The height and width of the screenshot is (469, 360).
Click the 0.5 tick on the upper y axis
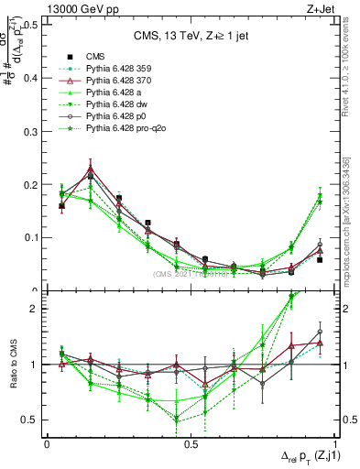click(x=28, y=25)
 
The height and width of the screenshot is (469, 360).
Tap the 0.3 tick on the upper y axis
click(x=28, y=131)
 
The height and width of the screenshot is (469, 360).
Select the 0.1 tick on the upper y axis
click(x=28, y=237)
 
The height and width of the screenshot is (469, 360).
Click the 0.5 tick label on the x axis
click(x=191, y=443)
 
